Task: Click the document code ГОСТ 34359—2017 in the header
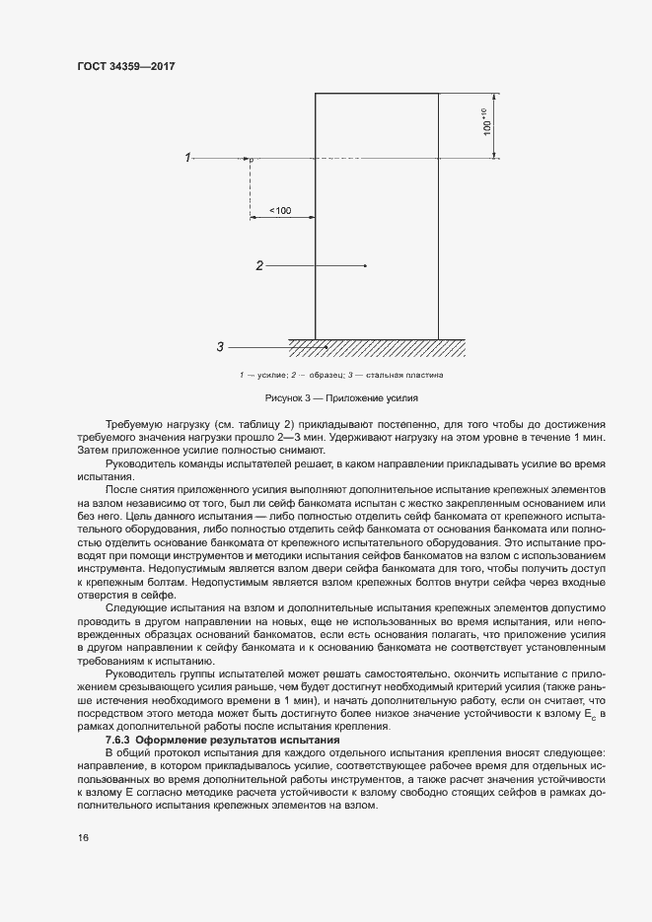click(x=125, y=67)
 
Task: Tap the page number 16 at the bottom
click(x=83, y=837)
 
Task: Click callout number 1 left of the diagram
click(x=187, y=157)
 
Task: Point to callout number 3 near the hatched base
click(x=220, y=346)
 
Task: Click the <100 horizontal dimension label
click(x=280, y=210)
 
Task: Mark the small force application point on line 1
click(x=251, y=159)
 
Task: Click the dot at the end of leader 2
click(x=366, y=265)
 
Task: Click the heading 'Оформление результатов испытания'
click(x=237, y=740)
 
